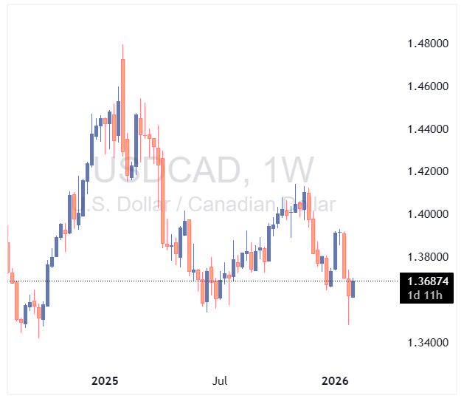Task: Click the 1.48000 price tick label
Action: click(x=429, y=44)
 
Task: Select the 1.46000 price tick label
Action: click(x=429, y=86)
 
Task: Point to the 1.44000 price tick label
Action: click(x=429, y=129)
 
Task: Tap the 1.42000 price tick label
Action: click(x=429, y=171)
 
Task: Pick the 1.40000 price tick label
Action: click(x=429, y=214)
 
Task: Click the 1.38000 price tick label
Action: click(x=429, y=257)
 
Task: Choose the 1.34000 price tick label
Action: click(x=429, y=343)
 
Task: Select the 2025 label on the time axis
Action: click(x=105, y=381)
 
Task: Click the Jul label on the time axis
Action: click(x=219, y=381)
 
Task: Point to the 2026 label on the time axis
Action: click(x=336, y=381)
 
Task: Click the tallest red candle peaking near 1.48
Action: click(x=122, y=96)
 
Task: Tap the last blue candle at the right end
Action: click(x=353, y=289)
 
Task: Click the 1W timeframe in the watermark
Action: click(x=285, y=171)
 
